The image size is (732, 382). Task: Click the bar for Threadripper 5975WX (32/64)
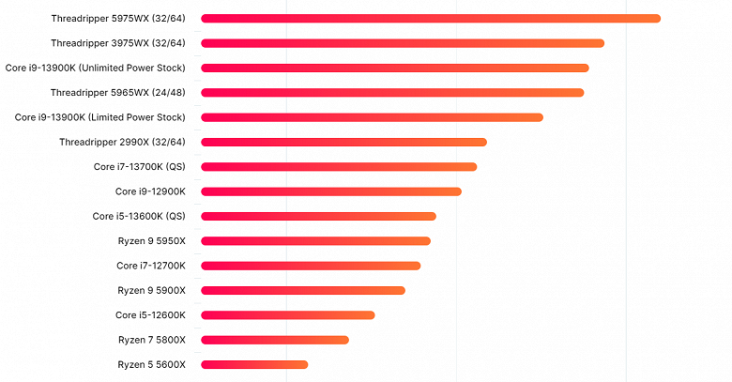(x=431, y=19)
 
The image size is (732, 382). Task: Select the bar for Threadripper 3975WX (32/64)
(x=403, y=43)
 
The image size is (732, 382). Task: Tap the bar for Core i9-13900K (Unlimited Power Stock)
(x=395, y=68)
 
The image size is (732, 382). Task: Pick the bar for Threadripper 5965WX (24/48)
(x=392, y=93)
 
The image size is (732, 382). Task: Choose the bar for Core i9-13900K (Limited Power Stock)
(x=372, y=117)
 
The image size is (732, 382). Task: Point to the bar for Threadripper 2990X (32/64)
(x=343, y=142)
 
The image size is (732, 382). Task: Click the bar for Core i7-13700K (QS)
(x=339, y=167)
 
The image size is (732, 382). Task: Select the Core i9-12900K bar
(x=331, y=191)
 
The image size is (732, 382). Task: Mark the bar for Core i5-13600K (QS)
(x=318, y=216)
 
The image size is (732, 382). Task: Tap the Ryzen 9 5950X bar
(x=315, y=241)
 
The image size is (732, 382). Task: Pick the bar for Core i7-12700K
(x=311, y=266)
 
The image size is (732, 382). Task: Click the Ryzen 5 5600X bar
(x=254, y=364)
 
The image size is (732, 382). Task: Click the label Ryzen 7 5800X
(x=152, y=340)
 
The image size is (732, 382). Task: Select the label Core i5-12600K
(x=150, y=315)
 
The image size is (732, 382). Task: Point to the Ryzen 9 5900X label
(x=152, y=290)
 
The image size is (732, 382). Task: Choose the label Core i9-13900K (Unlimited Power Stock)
(x=96, y=68)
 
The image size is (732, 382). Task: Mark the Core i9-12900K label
(x=150, y=191)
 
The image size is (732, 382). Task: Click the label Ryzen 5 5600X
(x=152, y=364)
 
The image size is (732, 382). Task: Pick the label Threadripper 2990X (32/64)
(x=122, y=142)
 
